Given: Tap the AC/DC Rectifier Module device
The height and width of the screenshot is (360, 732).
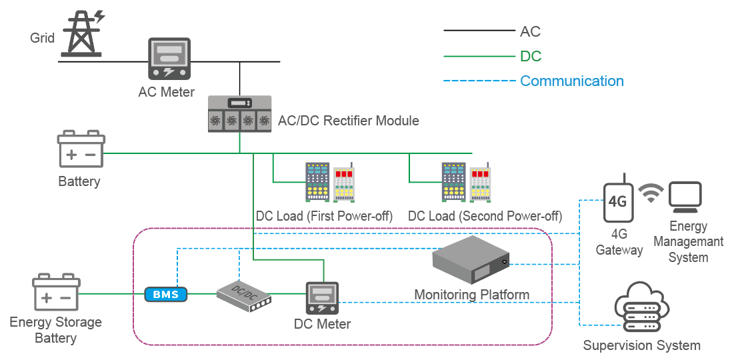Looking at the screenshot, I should click(x=239, y=113).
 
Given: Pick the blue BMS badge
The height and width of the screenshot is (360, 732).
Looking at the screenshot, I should click(x=166, y=293).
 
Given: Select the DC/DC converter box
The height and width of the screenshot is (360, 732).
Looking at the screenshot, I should click(x=245, y=295).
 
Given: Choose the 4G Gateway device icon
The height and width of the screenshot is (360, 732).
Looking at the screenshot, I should click(x=618, y=201).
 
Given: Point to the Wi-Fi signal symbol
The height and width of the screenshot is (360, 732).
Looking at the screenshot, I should click(x=651, y=192).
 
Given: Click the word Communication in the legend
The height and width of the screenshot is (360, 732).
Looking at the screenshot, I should click(x=571, y=81).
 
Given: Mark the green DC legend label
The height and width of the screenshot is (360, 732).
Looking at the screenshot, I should click(x=531, y=56).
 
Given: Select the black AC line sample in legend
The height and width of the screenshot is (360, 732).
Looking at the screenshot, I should click(x=479, y=31).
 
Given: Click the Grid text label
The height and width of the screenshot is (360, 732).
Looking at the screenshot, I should click(x=42, y=38).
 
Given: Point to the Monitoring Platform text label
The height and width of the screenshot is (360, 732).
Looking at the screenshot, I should click(x=471, y=295).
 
